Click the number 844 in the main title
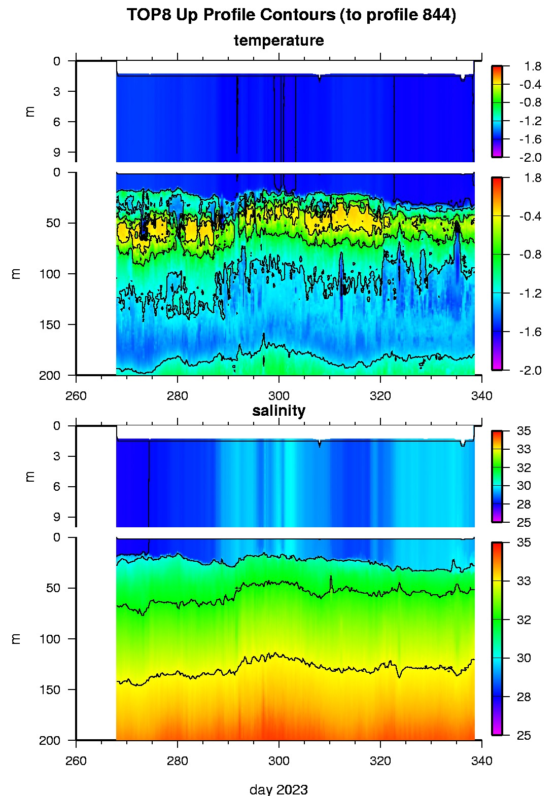tap(436, 15)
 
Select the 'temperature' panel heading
tap(278, 41)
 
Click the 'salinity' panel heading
tap(278, 411)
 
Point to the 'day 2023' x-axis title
tap(278, 789)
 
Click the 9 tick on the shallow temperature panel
tap(57, 152)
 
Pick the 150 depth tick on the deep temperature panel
tap(50, 324)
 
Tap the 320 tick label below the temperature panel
tap(380, 395)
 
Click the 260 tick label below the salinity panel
tap(76, 761)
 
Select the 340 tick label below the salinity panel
tap(481, 761)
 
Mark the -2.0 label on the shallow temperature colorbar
tap(530, 158)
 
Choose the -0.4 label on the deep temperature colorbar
tap(530, 216)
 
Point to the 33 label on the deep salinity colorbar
tap(524, 581)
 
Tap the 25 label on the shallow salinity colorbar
tap(524, 523)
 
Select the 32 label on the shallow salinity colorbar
tap(524, 467)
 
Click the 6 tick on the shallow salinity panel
tap(57, 487)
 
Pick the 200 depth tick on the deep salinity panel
tap(50, 740)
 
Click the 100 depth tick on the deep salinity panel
tap(50, 639)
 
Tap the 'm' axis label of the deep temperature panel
tap(17, 274)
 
